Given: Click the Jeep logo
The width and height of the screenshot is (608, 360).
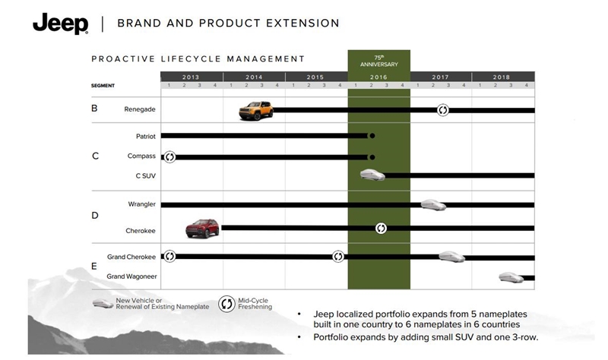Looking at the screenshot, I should pyautogui.click(x=60, y=24).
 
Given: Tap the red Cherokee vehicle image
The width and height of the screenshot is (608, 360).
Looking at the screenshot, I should pyautogui.click(x=202, y=227).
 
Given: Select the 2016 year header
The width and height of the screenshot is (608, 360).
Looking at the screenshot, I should pyautogui.click(x=378, y=77).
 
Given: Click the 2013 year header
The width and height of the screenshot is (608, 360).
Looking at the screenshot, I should pyautogui.click(x=191, y=77).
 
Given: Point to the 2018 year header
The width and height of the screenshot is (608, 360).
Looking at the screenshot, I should pyautogui.click(x=502, y=77).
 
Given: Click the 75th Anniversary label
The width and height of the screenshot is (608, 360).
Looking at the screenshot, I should pyautogui.click(x=378, y=61).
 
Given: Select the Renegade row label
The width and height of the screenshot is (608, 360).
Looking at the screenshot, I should pyautogui.click(x=140, y=109).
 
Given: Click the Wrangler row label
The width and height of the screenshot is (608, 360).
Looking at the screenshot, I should pyautogui.click(x=142, y=204).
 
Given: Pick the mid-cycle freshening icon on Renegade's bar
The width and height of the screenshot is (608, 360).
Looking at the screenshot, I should pyautogui.click(x=442, y=110).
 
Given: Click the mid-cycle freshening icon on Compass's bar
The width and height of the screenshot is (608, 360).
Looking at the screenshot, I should pyautogui.click(x=169, y=156).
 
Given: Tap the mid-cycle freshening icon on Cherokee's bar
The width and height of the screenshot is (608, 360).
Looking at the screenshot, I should pyautogui.click(x=381, y=228).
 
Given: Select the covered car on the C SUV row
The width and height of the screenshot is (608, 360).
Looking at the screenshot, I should pyautogui.click(x=373, y=175).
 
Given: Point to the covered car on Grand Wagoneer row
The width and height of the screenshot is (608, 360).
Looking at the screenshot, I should pyautogui.click(x=508, y=276).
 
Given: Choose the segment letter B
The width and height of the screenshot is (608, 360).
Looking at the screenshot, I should pyautogui.click(x=94, y=109).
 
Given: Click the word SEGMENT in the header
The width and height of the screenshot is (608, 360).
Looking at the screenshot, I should pyautogui.click(x=103, y=86).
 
